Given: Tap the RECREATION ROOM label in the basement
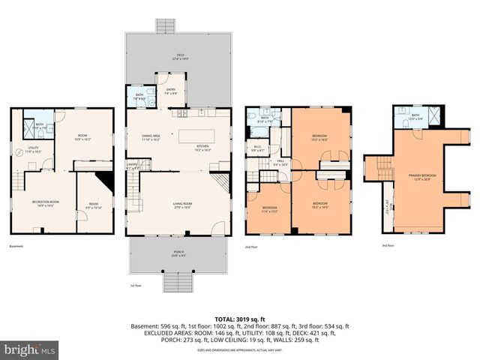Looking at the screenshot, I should click(x=45, y=203).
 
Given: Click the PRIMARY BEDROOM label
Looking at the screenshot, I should click(x=422, y=177).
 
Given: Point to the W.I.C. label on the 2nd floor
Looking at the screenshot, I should click(x=257, y=147).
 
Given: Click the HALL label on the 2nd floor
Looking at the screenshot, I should click(x=279, y=162).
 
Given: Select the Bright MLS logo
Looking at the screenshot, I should click(x=30, y=349).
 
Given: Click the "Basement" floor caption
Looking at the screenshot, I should click(x=16, y=246).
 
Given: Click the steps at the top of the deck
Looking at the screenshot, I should click(x=164, y=26).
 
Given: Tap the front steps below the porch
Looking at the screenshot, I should click(x=178, y=283).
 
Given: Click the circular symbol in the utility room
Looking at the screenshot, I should click(x=20, y=151).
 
